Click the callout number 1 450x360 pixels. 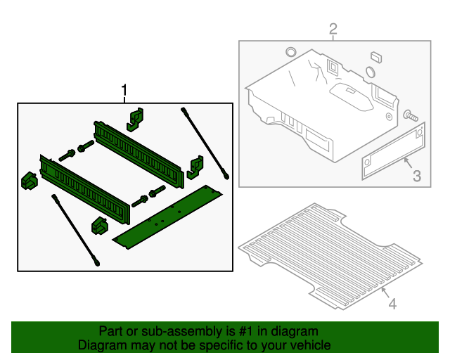coord(124,91)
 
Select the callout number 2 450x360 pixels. coord(333,29)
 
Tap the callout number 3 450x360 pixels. coord(416,176)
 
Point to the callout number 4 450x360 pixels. coord(392,304)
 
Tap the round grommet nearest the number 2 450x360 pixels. coord(290,52)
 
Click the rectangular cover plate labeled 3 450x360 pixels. coord(393,149)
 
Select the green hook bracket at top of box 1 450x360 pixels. coord(135,118)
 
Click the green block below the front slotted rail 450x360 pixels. coord(98,226)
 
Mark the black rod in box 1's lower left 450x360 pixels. coord(75,231)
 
